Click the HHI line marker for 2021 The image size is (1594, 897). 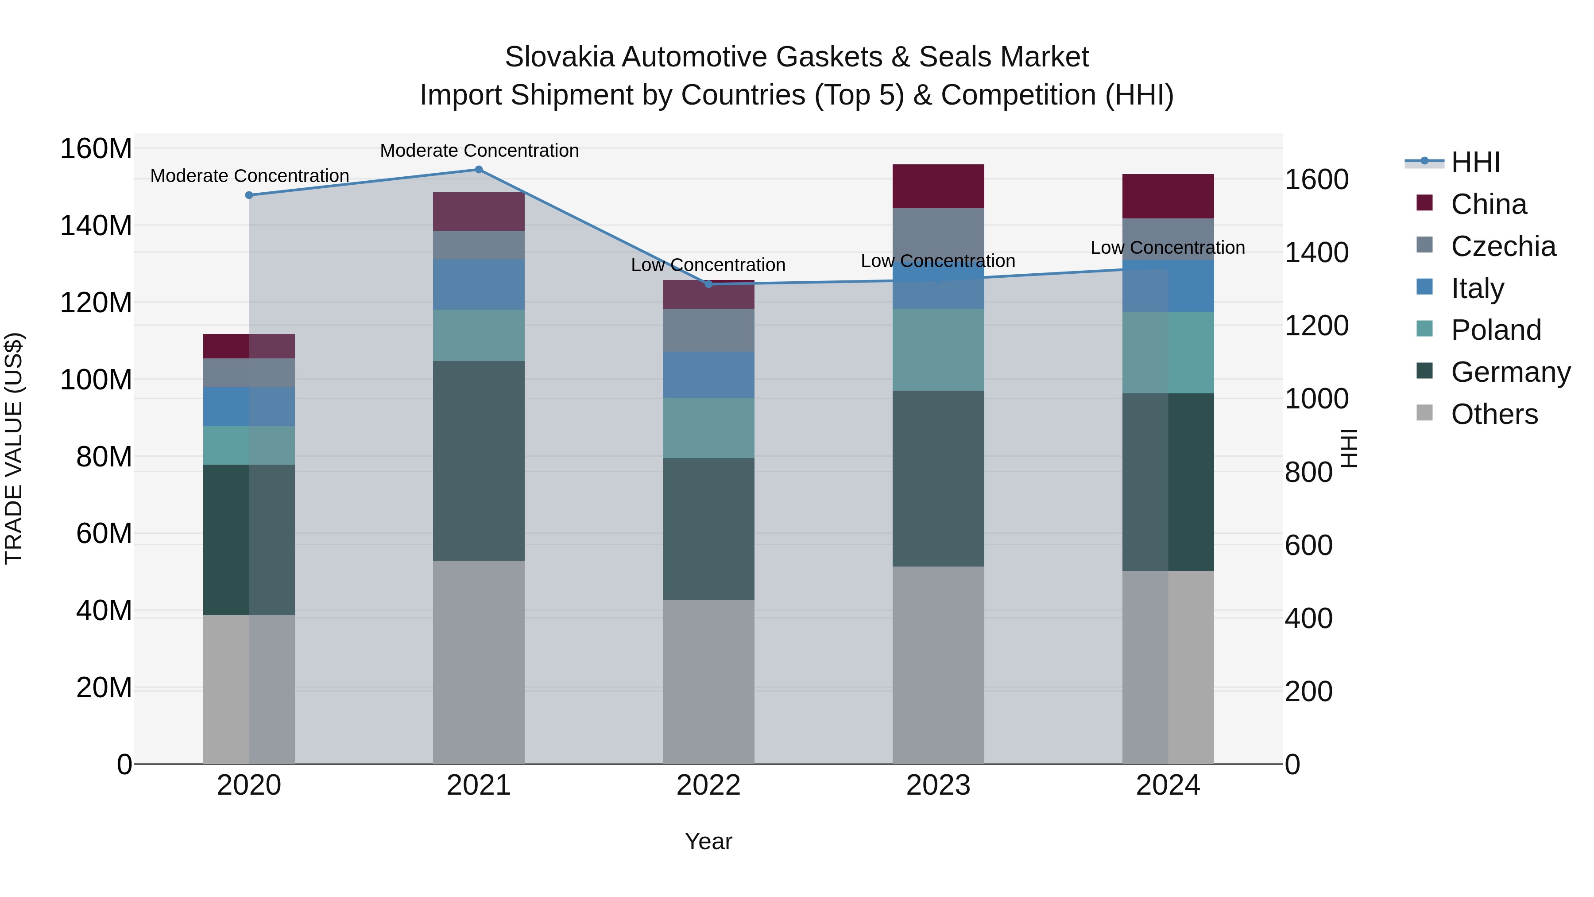pos(478,170)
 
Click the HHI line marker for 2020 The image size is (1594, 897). pos(249,195)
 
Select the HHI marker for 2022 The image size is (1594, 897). pos(708,284)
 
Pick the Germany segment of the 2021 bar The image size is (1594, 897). pos(478,461)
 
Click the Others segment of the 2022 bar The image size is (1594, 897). pos(708,681)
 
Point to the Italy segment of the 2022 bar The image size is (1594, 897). pos(708,374)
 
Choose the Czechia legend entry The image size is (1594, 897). pos(1502,246)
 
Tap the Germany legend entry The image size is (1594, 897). pos(1510,372)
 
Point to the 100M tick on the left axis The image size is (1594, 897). pos(96,380)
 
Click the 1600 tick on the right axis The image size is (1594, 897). pos(1316,179)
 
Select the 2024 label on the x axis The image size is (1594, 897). pos(1168,785)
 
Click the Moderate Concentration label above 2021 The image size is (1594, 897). pos(479,151)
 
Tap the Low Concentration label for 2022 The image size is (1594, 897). pos(708,265)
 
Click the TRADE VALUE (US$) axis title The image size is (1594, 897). pos(14,448)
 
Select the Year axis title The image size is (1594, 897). pos(708,841)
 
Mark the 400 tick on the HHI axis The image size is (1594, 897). pos(1308,618)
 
